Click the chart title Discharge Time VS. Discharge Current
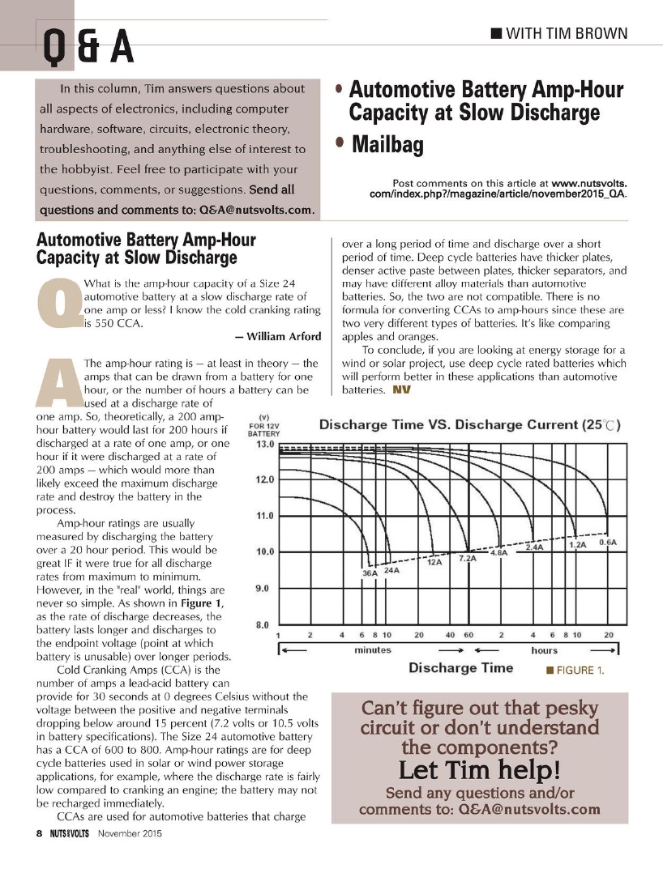tap(470, 425)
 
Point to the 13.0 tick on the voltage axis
tap(263, 445)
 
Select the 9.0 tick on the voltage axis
tap(263, 589)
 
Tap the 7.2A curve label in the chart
tap(467, 559)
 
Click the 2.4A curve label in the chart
tap(535, 547)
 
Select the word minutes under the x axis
tap(373, 649)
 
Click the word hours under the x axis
tap(544, 649)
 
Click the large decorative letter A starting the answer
tap(58, 384)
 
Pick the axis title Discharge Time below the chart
tap(460, 667)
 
